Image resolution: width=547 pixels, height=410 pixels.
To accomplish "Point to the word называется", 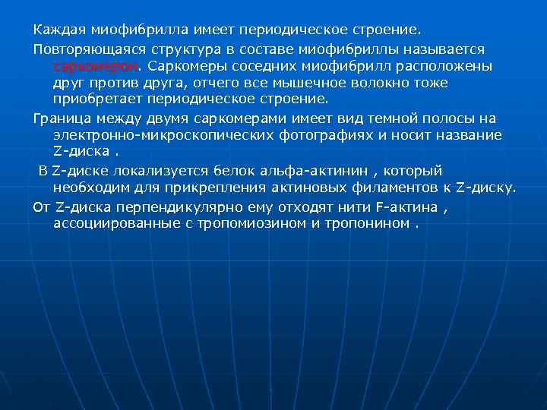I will pyautogui.click(x=458, y=49).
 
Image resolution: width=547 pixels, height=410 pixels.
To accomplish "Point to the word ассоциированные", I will pyautogui.click(x=118, y=224).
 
